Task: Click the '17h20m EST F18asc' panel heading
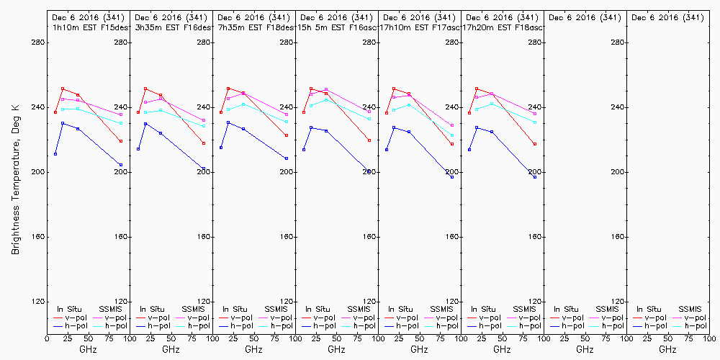[502, 27]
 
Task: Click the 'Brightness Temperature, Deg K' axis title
[15, 177]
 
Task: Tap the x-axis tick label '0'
[47, 337]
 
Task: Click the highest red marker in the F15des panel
[63, 89]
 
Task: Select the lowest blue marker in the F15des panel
[121, 165]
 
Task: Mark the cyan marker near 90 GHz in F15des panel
[121, 123]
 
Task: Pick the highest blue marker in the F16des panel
[145, 124]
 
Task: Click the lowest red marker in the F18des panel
[287, 135]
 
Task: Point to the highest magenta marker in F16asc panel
[326, 89]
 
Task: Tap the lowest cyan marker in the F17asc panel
[452, 135]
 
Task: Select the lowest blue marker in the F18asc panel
[535, 176]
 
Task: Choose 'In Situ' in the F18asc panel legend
[482, 309]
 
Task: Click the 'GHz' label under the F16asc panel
[336, 349]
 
